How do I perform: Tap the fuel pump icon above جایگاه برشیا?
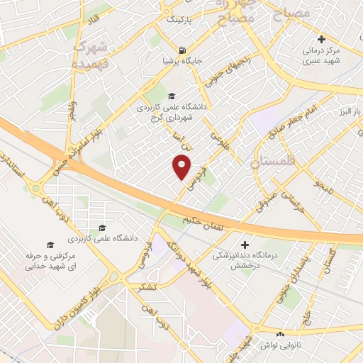184,51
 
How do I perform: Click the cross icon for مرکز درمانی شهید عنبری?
322,39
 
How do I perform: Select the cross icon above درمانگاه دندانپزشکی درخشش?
246,243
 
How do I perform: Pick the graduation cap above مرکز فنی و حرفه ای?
102,228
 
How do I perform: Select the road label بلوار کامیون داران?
84,303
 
